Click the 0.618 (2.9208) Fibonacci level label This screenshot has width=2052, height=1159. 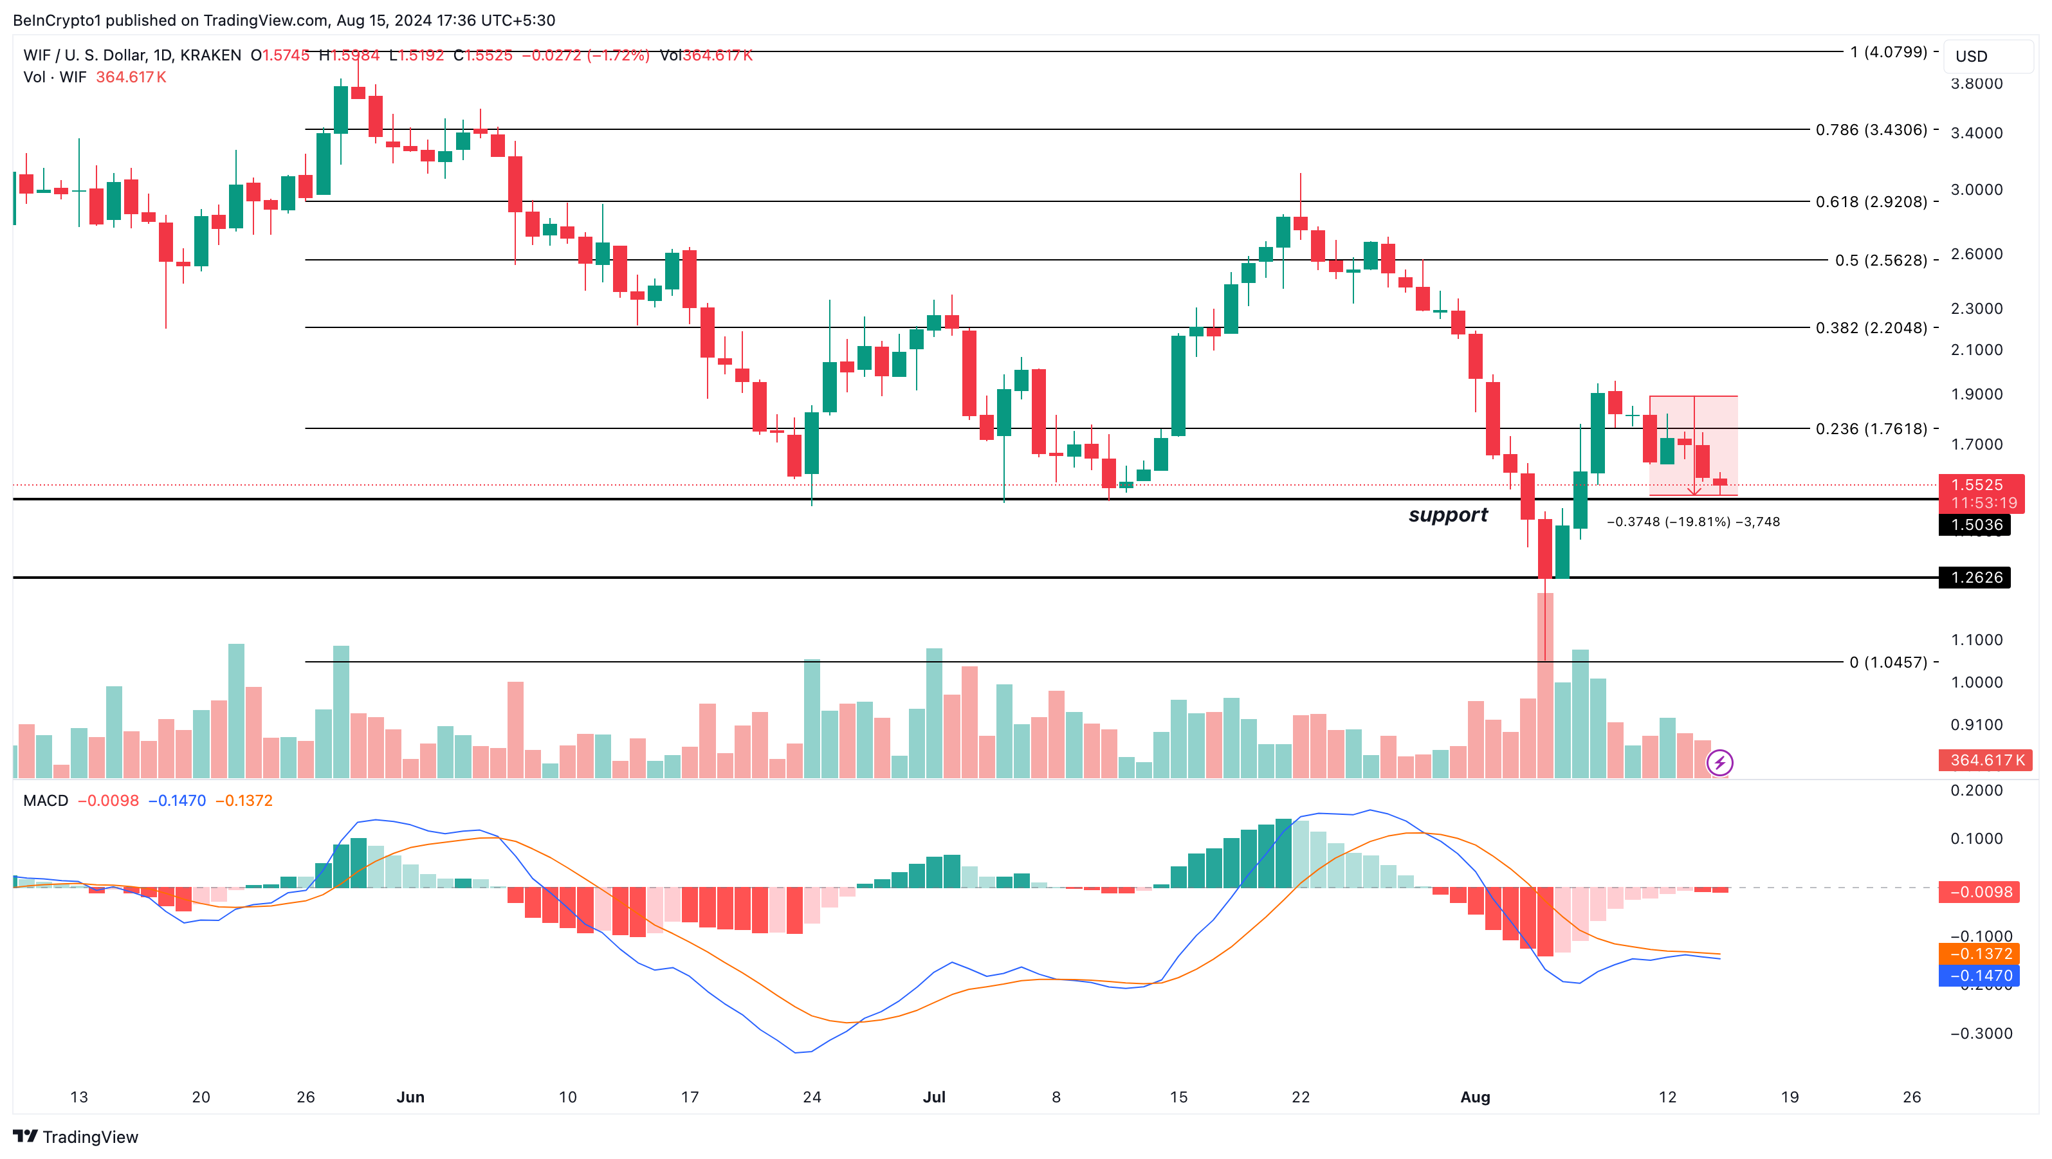tap(1871, 201)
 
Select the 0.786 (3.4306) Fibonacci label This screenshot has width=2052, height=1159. tap(1871, 130)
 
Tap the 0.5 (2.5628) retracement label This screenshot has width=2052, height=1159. tap(1881, 260)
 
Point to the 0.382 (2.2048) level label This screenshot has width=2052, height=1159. tap(1871, 328)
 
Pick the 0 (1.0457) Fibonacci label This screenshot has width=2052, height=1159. tap(1888, 662)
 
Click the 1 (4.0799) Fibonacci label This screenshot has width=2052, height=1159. tap(1888, 53)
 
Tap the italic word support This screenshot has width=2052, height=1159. tap(1447, 515)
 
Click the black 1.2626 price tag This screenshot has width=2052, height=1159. tap(1975, 578)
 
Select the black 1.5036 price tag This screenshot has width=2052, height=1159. tap(1975, 525)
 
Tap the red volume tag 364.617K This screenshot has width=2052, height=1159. tap(1985, 760)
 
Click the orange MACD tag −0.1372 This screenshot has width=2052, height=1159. tap(1979, 953)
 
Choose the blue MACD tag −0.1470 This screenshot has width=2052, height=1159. tap(1979, 976)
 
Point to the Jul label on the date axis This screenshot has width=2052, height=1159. tap(933, 1097)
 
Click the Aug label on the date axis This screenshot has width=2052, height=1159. tap(1474, 1097)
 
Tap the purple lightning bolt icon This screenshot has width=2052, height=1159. tap(1719, 763)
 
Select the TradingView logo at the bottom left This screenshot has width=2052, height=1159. tap(76, 1136)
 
